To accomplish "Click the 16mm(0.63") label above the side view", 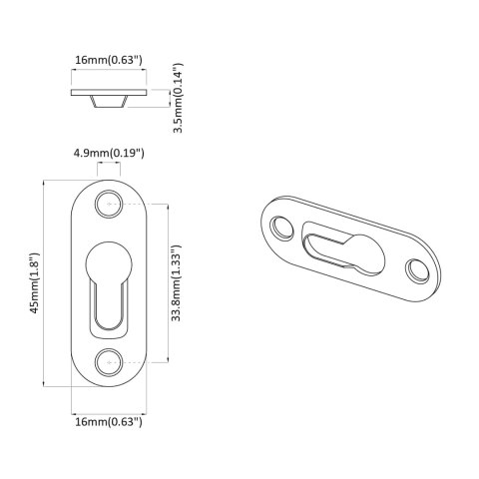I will [109, 61].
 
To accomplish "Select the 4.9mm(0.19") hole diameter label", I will [109, 153].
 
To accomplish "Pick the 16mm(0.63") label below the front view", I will [109, 422].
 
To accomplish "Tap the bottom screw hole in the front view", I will [110, 361].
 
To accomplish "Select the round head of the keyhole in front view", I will [110, 266].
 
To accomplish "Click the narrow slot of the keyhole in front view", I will [110, 307].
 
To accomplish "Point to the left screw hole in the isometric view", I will [281, 228].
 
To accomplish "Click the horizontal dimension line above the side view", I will [110, 73].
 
